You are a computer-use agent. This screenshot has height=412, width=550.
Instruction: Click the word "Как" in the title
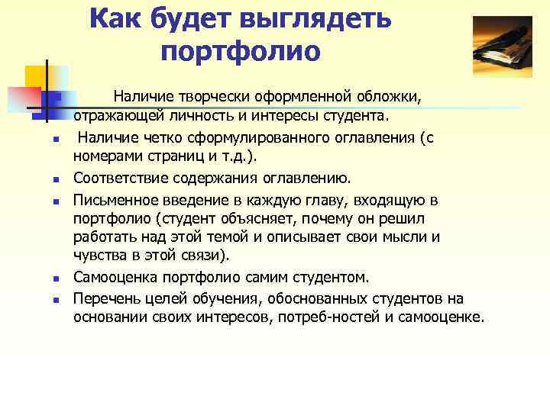[116, 20]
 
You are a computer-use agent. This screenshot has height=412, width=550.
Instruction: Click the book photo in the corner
[502, 50]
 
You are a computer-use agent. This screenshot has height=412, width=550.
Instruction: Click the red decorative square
[23, 100]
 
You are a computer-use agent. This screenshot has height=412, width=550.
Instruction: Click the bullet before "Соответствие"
[47, 180]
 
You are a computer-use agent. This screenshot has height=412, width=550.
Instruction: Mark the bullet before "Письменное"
[47, 201]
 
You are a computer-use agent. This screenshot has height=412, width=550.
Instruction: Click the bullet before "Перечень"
[47, 298]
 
